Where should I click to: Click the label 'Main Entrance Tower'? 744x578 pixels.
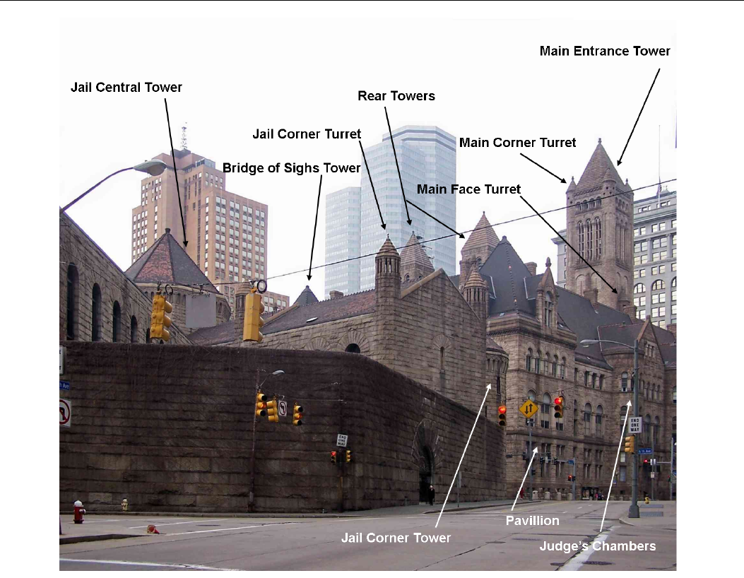[x=605, y=51]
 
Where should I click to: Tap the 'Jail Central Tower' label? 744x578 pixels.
[x=126, y=88]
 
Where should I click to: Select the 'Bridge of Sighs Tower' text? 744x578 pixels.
[x=292, y=168]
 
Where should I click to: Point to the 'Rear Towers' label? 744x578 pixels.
[x=396, y=95]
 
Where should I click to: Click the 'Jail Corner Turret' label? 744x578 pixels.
[x=307, y=134]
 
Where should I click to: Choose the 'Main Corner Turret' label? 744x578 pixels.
[x=518, y=143]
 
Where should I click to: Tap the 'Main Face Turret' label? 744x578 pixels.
[x=469, y=189]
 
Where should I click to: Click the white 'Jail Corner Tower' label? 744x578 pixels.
[x=396, y=538]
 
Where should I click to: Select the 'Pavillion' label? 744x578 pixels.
[x=533, y=521]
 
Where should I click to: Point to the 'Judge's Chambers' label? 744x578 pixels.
[x=598, y=545]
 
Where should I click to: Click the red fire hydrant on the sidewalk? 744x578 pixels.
[x=79, y=511]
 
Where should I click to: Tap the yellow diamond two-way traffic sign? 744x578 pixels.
[x=529, y=408]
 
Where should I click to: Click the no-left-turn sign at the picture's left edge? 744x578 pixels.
[x=64, y=412]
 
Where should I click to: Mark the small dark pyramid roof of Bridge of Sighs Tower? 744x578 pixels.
[x=307, y=295]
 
